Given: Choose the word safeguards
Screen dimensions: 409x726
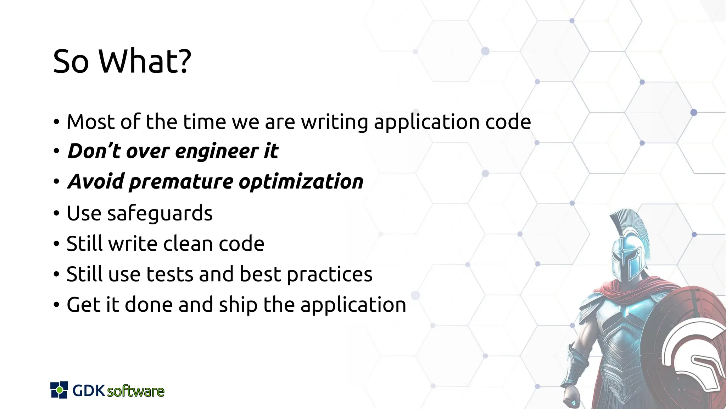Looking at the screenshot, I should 160,214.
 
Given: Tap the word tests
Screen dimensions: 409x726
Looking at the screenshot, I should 170,274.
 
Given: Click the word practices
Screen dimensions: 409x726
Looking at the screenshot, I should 329,275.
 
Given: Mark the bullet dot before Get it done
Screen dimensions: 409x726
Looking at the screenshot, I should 56,305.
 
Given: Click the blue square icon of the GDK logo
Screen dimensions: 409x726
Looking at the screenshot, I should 59,390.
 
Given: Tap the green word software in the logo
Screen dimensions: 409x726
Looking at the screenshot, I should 136,391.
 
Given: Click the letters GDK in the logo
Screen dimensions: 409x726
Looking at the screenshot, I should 89,391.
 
